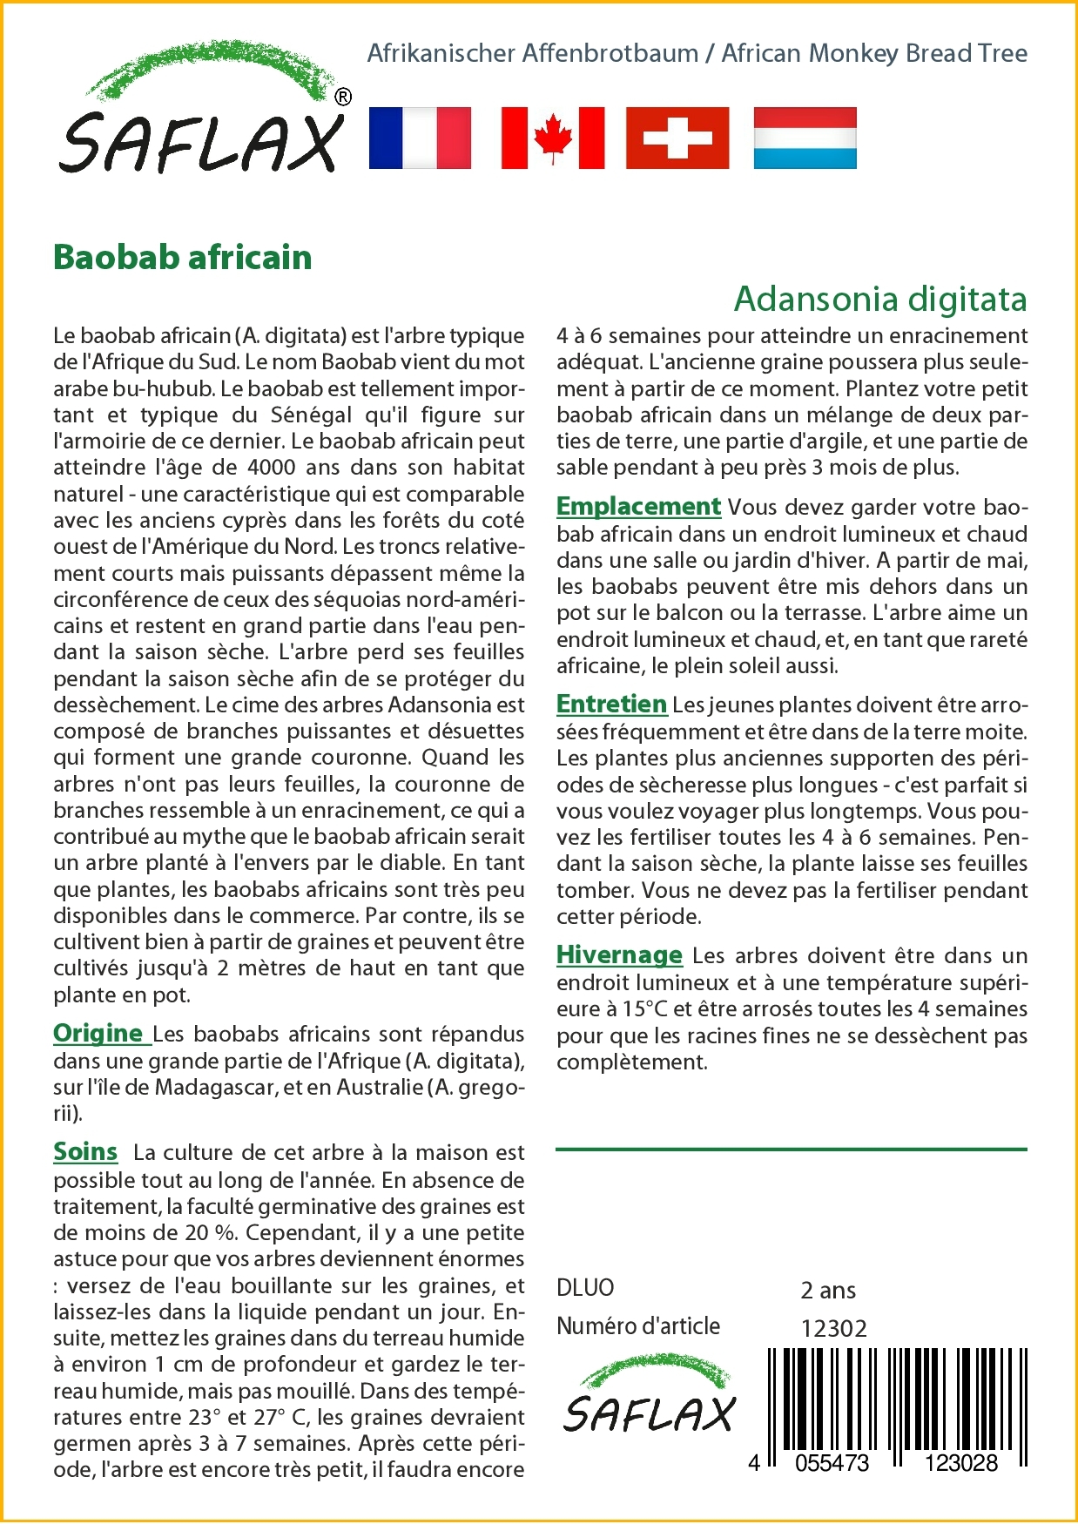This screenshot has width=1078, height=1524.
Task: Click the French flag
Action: click(x=420, y=138)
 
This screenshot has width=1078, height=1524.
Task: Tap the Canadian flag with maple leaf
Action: click(x=553, y=138)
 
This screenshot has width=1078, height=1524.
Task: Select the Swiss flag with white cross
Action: click(x=677, y=138)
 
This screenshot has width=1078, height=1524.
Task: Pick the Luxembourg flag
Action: click(x=805, y=138)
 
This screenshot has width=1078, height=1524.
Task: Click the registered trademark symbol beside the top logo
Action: click(x=343, y=98)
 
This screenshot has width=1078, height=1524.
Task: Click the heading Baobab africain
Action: click(x=183, y=258)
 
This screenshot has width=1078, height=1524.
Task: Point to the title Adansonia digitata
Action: click(x=880, y=299)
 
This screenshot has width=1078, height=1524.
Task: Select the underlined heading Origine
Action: click(x=98, y=1034)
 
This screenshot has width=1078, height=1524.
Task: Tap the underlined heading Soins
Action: click(x=85, y=1151)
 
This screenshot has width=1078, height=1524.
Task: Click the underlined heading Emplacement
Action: click(x=638, y=506)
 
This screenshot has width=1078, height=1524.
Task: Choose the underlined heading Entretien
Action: click(x=611, y=704)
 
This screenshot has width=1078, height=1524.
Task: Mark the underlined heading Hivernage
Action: click(x=619, y=954)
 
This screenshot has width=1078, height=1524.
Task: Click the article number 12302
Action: click(x=833, y=1328)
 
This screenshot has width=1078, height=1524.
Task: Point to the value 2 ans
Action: click(x=827, y=1290)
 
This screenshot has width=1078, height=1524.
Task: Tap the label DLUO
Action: click(x=585, y=1287)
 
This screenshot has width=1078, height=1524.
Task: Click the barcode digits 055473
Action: click(x=832, y=1463)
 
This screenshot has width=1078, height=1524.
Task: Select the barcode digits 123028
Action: click(x=960, y=1463)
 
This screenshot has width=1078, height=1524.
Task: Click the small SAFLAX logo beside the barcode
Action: click(x=649, y=1395)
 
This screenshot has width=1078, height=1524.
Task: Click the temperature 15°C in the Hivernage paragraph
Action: click(x=643, y=1008)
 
